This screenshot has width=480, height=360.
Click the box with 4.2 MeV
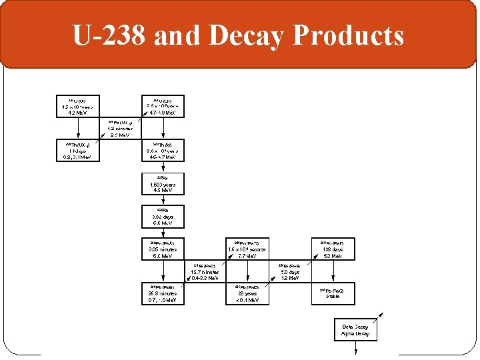pyautogui.click(x=77, y=107)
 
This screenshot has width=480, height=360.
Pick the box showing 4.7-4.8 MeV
pyautogui.click(x=163, y=107)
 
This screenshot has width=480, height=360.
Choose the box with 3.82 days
pyautogui.click(x=163, y=217)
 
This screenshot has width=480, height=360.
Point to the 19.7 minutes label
pyautogui.click(x=205, y=273)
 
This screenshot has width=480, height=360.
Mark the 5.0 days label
pyautogui.click(x=290, y=273)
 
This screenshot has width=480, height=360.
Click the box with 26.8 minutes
pyautogui.click(x=163, y=294)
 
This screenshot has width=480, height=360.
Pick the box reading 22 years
pyautogui.click(x=247, y=294)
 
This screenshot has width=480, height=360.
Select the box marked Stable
pyautogui.click(x=333, y=294)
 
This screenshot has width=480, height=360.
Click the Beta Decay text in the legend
pyautogui.click(x=355, y=327)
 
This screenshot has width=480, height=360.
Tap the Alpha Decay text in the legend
pyautogui.click(x=355, y=333)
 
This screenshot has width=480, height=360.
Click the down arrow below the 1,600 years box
pyautogui.click(x=163, y=201)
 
